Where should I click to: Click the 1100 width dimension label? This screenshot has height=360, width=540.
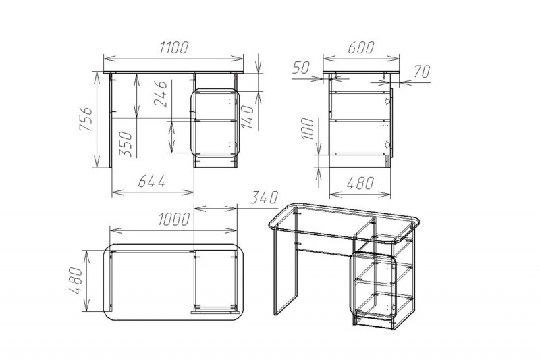pos(174,47)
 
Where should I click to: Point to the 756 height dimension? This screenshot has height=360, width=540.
pos(86,119)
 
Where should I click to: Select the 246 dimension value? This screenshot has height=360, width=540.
pos(161,94)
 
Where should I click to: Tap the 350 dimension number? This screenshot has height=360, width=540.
pos(126,145)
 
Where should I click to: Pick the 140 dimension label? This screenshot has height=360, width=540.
pos(248,117)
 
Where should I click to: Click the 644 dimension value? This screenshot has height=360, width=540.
pos(151,181)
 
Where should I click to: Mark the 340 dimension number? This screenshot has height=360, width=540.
pos(264,198)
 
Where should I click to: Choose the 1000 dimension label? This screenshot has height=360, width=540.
pos(174,219)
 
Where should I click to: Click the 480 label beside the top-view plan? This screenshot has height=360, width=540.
pos(76,281)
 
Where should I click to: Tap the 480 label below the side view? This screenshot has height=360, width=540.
pos(360,183)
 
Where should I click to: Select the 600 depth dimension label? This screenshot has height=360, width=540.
pos(360,47)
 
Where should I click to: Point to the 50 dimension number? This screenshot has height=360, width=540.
pos(301,68)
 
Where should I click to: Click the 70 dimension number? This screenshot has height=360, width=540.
pos(422,72)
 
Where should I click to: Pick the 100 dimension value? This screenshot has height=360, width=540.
pos(308,129)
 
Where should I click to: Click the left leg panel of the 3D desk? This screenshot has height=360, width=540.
pos(286,270)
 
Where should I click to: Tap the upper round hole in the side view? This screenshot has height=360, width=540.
pos(387,101)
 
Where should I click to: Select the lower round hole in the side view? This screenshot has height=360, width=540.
pos(387,144)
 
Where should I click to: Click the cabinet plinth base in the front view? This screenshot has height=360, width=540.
pos(215,162)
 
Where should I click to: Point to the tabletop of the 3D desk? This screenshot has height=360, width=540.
pos(344,224)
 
